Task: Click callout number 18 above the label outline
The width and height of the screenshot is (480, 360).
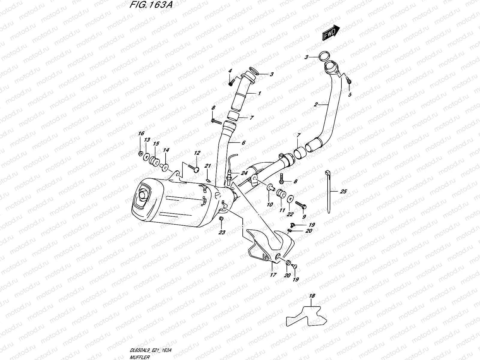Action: click(312, 296)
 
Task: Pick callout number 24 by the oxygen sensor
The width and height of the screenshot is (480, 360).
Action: click(244, 173)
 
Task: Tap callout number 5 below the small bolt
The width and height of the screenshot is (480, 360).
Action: click(349, 95)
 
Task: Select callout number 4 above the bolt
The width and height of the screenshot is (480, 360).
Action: click(230, 71)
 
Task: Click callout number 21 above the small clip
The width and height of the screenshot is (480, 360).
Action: click(208, 166)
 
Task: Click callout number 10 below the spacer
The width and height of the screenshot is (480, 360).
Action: click(269, 204)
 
